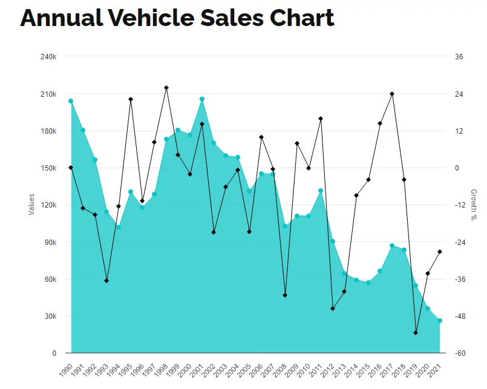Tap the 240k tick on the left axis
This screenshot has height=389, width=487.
click(x=48, y=57)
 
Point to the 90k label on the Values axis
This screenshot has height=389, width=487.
click(x=51, y=243)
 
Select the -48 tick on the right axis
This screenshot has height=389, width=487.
click(x=460, y=316)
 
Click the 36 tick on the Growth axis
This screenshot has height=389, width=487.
click(x=459, y=57)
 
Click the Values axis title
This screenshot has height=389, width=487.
click(x=31, y=204)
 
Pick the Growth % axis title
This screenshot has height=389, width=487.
click(x=474, y=204)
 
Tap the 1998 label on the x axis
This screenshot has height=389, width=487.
click(x=161, y=370)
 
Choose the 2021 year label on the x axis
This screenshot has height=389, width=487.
click(x=434, y=370)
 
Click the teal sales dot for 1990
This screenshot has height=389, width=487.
click(x=71, y=101)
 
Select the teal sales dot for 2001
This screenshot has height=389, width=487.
click(x=202, y=99)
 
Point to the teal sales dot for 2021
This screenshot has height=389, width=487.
click(x=439, y=321)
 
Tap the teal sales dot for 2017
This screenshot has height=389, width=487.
click(x=392, y=246)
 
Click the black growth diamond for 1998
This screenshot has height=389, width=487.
click(x=166, y=88)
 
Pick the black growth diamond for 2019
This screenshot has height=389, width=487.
click(x=416, y=333)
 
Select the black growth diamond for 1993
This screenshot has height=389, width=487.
click(x=106, y=281)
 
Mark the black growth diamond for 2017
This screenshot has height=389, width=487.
click(x=392, y=94)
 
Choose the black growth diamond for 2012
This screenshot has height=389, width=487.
click(x=333, y=309)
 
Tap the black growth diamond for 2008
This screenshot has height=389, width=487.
click(x=285, y=295)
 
